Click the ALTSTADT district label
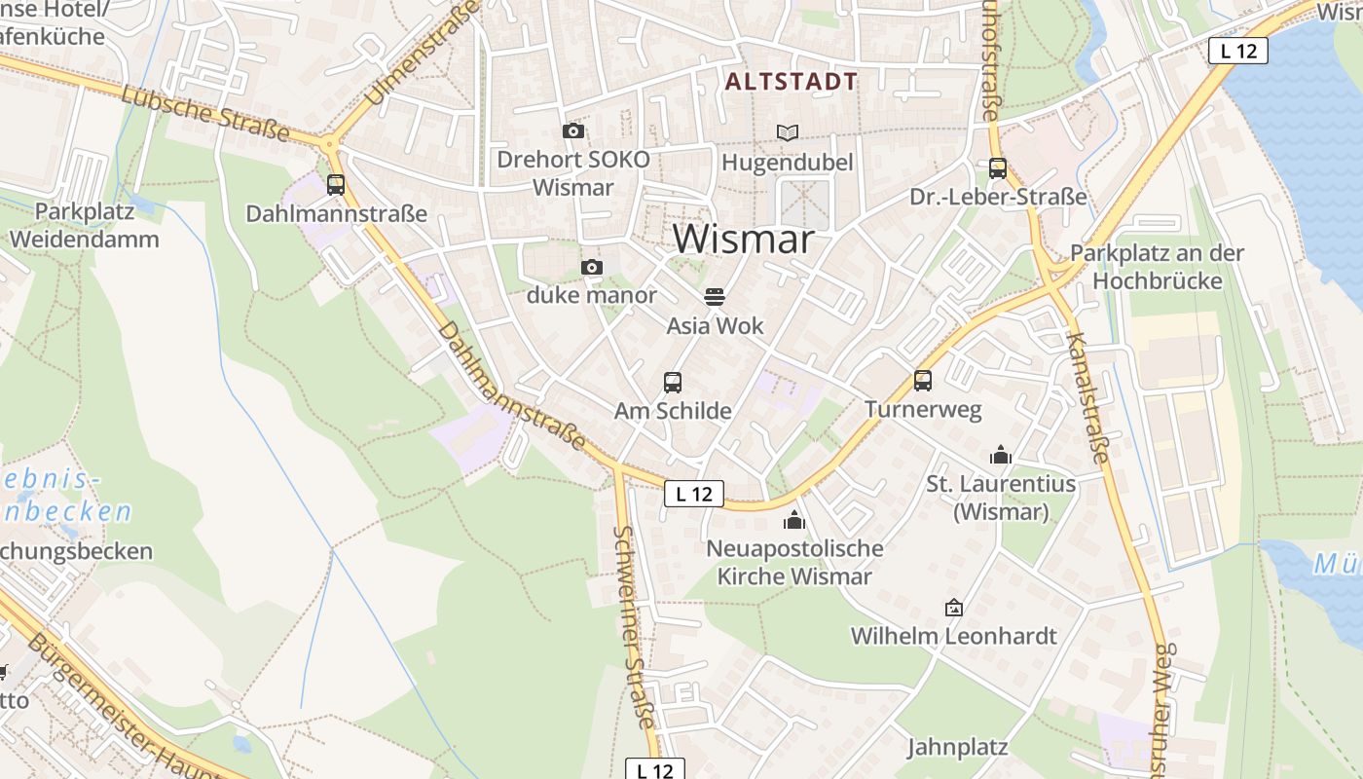(792, 82)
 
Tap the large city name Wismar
(743, 239)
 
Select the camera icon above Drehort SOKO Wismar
(573, 131)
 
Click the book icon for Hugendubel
(787, 132)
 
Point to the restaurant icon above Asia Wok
(715, 297)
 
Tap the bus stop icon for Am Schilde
(673, 383)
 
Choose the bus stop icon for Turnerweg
(923, 381)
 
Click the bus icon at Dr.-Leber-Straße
(998, 168)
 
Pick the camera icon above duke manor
(592, 267)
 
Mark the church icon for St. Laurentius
(1001, 455)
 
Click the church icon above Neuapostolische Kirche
(794, 520)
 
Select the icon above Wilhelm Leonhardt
(954, 608)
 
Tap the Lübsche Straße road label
(206, 112)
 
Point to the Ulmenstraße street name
(423, 54)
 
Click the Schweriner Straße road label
(634, 627)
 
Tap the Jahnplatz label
(957, 748)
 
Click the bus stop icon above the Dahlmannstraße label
(336, 184)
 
